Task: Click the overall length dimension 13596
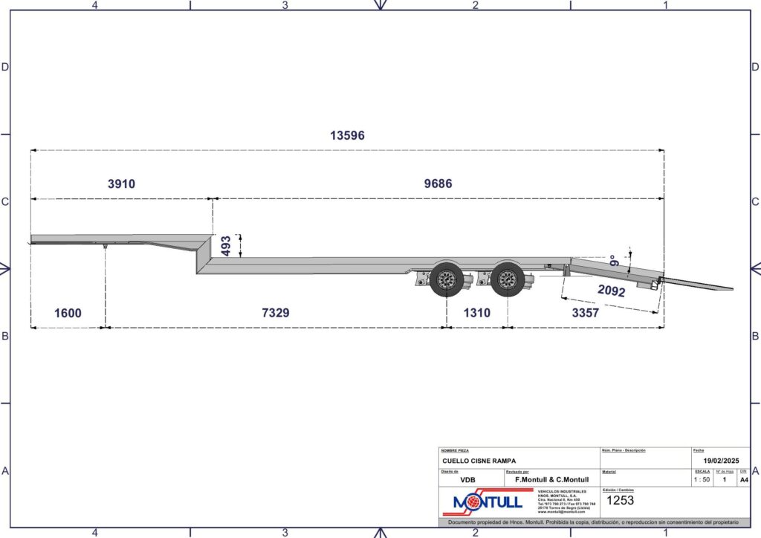pyautogui.click(x=347, y=136)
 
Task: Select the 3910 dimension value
pyautogui.click(x=121, y=184)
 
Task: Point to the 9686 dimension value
pyautogui.click(x=438, y=184)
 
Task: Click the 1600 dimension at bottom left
pyautogui.click(x=68, y=313)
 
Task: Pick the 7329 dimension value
pyautogui.click(x=275, y=313)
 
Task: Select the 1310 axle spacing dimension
pyautogui.click(x=476, y=313)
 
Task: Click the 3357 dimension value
pyautogui.click(x=585, y=313)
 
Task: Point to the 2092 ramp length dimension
pyautogui.click(x=611, y=290)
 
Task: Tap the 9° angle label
pyautogui.click(x=614, y=262)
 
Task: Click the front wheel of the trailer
pyautogui.click(x=446, y=279)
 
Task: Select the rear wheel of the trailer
pyautogui.click(x=508, y=279)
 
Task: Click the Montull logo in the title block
pyautogui.click(x=483, y=503)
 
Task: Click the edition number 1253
pyautogui.click(x=621, y=500)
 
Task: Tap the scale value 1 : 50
pyautogui.click(x=701, y=479)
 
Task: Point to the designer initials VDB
pyautogui.click(x=467, y=480)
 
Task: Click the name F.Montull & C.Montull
pyautogui.click(x=546, y=480)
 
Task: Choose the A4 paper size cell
pyautogui.click(x=743, y=479)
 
